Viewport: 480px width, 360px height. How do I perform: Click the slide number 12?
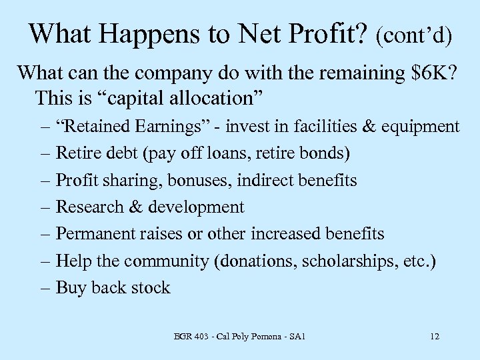point(435,337)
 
